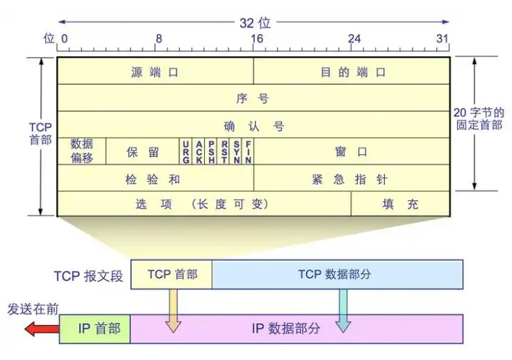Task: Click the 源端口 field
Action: pos(155,72)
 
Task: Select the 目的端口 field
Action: pos(352,72)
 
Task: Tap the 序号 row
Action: pos(253,98)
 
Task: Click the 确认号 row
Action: pos(253,125)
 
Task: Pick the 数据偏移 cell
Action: pos(81,151)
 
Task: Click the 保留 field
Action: pos(142,151)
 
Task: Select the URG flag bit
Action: pos(186,151)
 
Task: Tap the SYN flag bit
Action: pos(236,151)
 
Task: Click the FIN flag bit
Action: pos(248,151)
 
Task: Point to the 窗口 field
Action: pos(352,151)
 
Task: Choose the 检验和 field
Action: pos(155,178)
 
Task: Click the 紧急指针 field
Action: pos(352,178)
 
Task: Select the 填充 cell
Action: pos(400,204)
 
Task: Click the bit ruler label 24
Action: pos(354,38)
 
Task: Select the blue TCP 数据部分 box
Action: pos(337,274)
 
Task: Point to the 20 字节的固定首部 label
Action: pos(478,118)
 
